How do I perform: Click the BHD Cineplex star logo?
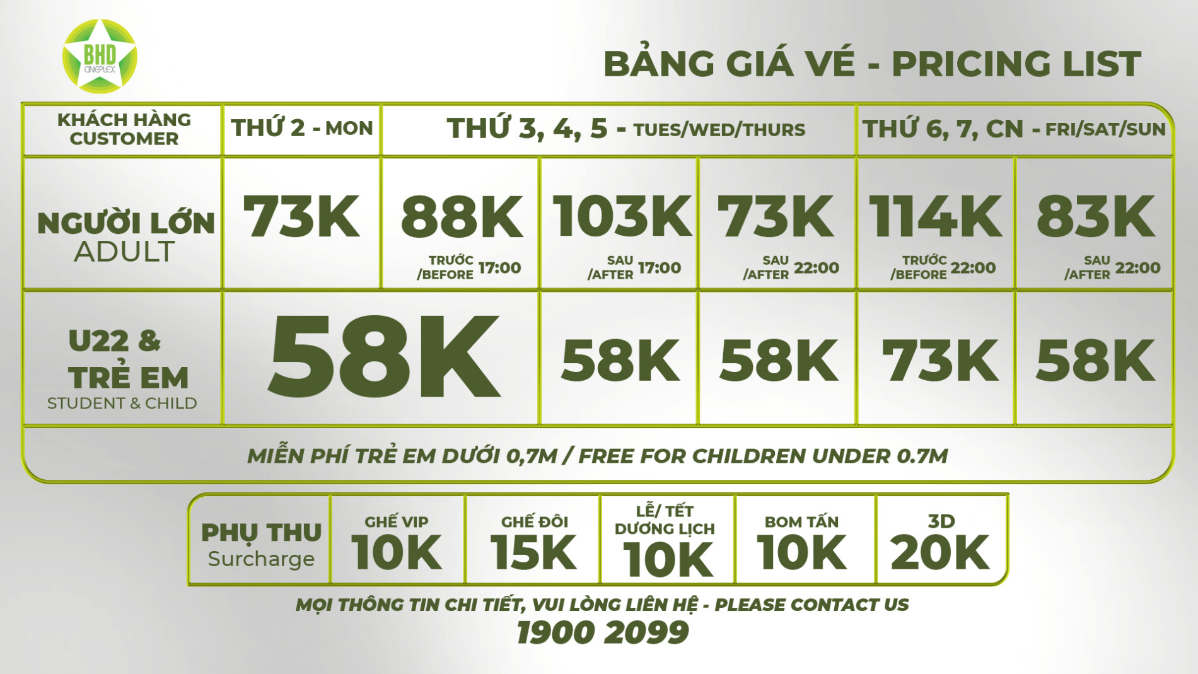100,56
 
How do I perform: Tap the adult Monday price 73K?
301,217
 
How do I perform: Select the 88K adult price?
462,217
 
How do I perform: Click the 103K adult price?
622,216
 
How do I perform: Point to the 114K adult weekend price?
936,216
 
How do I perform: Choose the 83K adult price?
1096,216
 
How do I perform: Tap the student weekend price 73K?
939,361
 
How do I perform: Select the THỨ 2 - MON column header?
302,128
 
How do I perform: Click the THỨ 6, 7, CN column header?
1014,129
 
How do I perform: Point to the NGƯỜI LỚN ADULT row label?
125,237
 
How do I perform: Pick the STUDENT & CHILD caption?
122,403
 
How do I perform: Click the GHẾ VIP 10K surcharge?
396,543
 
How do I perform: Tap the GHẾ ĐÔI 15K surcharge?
533,543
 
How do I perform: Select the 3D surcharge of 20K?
940,542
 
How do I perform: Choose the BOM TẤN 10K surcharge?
801,543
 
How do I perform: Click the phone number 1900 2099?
603,632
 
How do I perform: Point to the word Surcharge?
261,559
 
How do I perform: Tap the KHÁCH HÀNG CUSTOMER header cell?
124,129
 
